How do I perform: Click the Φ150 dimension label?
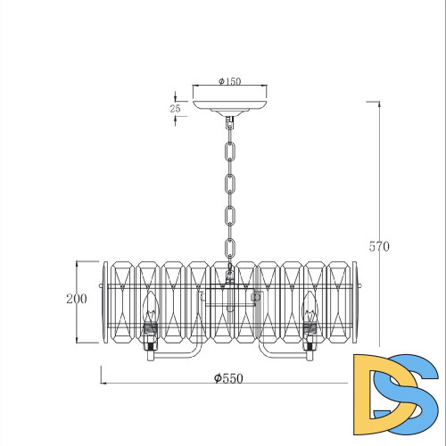tap(229, 81)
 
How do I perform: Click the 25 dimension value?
tap(176, 108)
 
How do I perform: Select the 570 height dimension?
tap(380, 247)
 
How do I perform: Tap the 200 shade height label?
tap(77, 299)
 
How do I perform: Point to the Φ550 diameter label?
tap(229, 378)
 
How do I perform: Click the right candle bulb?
tap(310, 310)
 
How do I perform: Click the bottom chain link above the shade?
tap(229, 251)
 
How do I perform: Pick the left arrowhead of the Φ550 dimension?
tap(103, 384)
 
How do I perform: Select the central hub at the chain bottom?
tap(229, 287)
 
